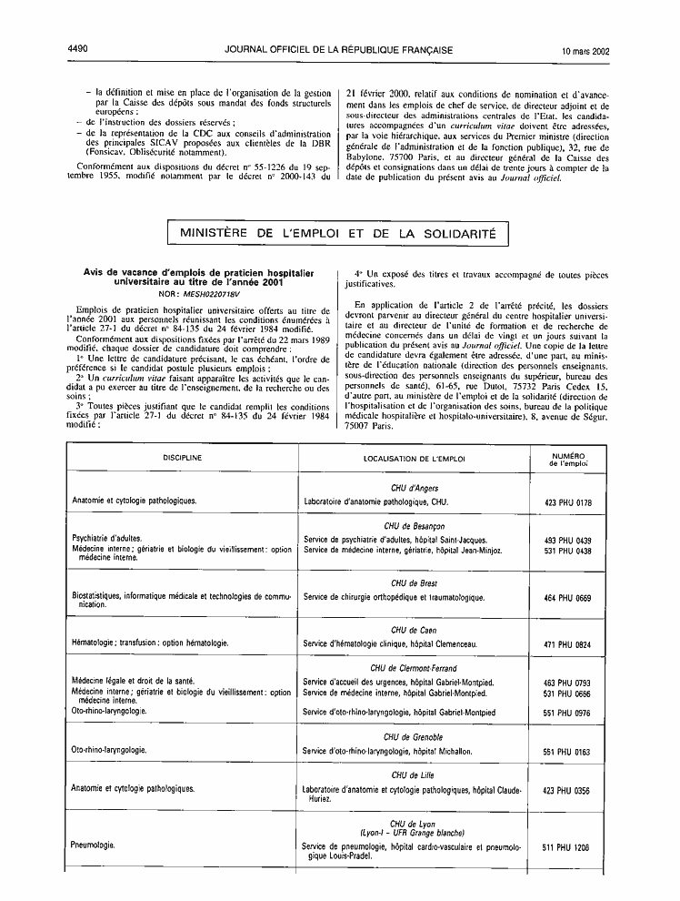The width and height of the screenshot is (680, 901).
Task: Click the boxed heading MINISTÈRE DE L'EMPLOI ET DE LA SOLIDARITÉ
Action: pos(338,234)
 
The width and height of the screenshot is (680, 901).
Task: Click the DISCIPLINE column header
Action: pos(183,457)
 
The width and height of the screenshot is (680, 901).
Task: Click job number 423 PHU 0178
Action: pos(567,501)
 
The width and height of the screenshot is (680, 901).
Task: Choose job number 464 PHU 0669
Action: pos(567,598)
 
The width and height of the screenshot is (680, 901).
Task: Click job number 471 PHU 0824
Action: pos(567,644)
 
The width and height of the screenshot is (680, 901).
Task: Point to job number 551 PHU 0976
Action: pos(567,712)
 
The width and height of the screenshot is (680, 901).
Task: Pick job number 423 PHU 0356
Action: pos(567,791)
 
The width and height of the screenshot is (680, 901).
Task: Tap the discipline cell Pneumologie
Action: pos(93,845)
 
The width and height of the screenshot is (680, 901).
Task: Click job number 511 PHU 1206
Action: pos(567,847)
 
